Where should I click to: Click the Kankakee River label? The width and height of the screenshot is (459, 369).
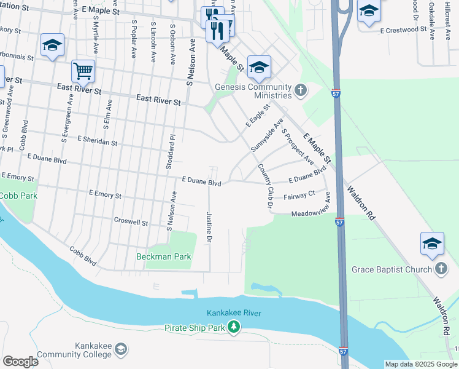tap(234, 313)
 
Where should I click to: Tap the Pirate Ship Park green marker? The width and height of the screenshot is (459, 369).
tap(233, 327)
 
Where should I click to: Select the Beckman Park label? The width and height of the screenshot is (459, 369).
tap(164, 256)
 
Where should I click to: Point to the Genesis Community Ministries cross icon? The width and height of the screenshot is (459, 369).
tap(300, 91)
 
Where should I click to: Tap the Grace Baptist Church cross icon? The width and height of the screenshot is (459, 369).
tap(440, 269)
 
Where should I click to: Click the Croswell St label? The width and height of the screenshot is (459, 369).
tap(131, 220)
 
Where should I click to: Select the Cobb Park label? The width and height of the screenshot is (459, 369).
tap(18, 196)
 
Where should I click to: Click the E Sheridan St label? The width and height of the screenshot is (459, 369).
tap(98, 141)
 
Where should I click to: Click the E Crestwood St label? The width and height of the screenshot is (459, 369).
tap(403, 30)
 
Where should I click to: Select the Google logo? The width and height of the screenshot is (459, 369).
tap(20, 361)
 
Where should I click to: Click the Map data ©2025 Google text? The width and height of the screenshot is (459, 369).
tap(421, 364)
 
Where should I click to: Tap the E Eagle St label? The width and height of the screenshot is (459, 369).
tap(257, 116)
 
